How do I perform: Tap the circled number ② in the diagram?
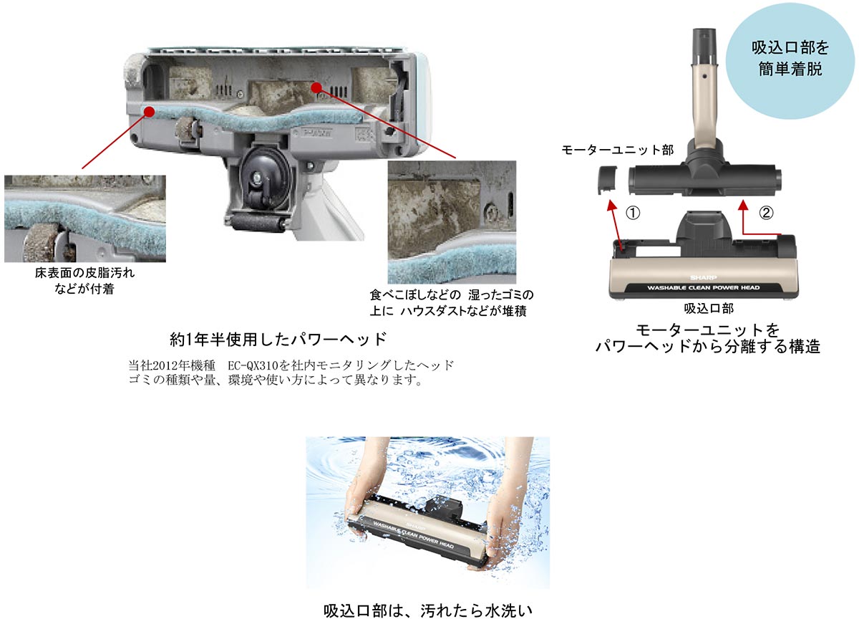click(766, 213)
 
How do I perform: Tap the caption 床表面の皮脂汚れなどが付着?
click(84, 281)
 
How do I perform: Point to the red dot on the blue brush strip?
click(149, 110)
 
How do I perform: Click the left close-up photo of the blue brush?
click(84, 219)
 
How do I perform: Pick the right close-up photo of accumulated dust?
click(452, 222)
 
